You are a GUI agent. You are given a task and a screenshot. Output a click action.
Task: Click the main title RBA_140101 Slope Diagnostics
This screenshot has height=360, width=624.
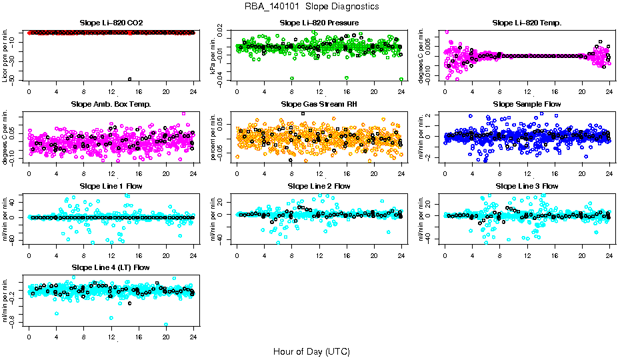[311, 7]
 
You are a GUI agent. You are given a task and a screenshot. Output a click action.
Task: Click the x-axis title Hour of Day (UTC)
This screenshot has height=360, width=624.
[311, 351]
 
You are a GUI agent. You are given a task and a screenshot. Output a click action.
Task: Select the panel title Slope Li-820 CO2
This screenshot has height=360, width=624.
[111, 23]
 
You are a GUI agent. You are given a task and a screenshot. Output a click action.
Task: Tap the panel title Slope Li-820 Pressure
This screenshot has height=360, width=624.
[319, 23]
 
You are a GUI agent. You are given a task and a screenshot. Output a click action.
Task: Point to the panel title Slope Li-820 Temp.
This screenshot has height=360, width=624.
[527, 23]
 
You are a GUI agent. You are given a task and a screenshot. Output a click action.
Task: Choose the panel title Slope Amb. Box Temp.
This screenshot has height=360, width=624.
[111, 105]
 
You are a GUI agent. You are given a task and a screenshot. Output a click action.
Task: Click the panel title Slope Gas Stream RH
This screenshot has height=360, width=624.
[319, 105]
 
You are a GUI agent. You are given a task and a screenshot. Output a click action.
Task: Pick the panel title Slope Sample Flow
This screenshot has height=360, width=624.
[527, 105]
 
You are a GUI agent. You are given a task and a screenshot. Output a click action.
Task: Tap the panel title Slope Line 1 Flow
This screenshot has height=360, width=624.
[111, 186]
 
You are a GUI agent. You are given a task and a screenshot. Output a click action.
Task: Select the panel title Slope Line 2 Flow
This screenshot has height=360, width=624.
[319, 186]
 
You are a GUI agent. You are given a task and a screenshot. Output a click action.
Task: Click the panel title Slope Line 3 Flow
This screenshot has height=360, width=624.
[527, 186]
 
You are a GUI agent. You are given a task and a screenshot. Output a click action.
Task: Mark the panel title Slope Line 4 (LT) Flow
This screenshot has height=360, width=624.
[111, 267]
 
